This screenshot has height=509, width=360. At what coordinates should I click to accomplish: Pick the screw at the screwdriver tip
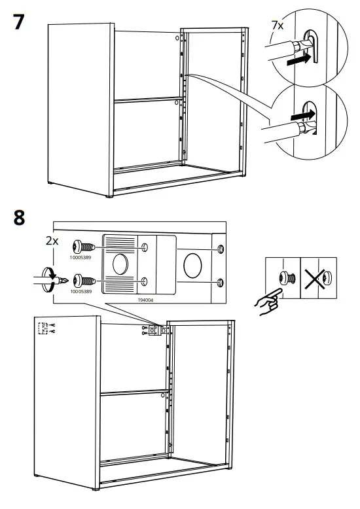(x=82, y=280)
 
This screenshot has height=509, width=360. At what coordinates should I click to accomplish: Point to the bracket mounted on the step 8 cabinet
(x=154, y=331)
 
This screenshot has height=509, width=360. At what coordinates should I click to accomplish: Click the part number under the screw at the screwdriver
(x=81, y=290)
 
